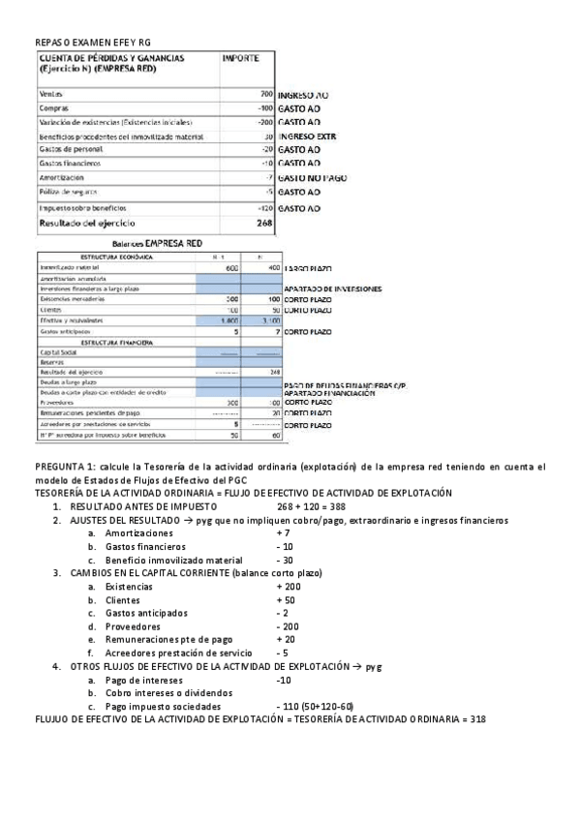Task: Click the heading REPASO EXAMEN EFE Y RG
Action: pos(93,43)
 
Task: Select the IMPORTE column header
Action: pos(240,59)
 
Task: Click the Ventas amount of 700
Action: pos(266,94)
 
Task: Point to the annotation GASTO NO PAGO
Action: pos(312,178)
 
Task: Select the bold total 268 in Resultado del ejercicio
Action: pos(262,223)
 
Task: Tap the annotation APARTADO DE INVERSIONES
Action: pos(332,289)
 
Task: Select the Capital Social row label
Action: pos(58,353)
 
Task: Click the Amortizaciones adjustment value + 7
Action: pos(283,533)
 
